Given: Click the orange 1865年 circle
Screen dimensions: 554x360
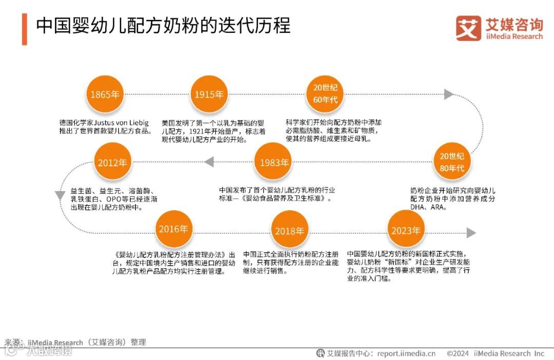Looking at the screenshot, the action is point(105,94).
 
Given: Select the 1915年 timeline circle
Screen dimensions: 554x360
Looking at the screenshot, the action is point(209,94).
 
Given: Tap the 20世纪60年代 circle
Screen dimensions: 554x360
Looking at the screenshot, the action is point(325,93).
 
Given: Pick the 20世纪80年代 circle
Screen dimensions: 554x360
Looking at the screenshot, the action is point(451,162).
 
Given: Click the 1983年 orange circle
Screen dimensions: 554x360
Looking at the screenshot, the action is point(274,163).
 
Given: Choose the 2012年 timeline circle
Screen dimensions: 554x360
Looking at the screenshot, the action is point(112,163).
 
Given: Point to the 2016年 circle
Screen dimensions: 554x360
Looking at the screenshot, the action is point(173,229).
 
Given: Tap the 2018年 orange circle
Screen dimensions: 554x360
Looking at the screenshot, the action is point(289,231).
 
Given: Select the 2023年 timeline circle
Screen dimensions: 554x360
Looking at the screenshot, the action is point(406,230).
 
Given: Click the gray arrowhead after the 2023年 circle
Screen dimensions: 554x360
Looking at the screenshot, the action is point(471,233).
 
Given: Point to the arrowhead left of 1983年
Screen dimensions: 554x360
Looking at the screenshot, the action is point(209,163).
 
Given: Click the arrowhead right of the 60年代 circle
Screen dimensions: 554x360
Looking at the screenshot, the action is point(449,94).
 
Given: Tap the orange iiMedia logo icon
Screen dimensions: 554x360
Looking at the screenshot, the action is point(468,28).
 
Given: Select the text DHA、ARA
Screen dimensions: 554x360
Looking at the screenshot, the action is point(428,208).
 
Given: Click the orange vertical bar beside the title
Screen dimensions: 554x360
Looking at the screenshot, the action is point(24,29).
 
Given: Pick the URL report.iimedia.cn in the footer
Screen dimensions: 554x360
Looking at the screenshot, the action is point(406,353).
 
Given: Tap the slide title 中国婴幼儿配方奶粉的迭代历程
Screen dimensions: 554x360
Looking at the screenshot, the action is point(163,26).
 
